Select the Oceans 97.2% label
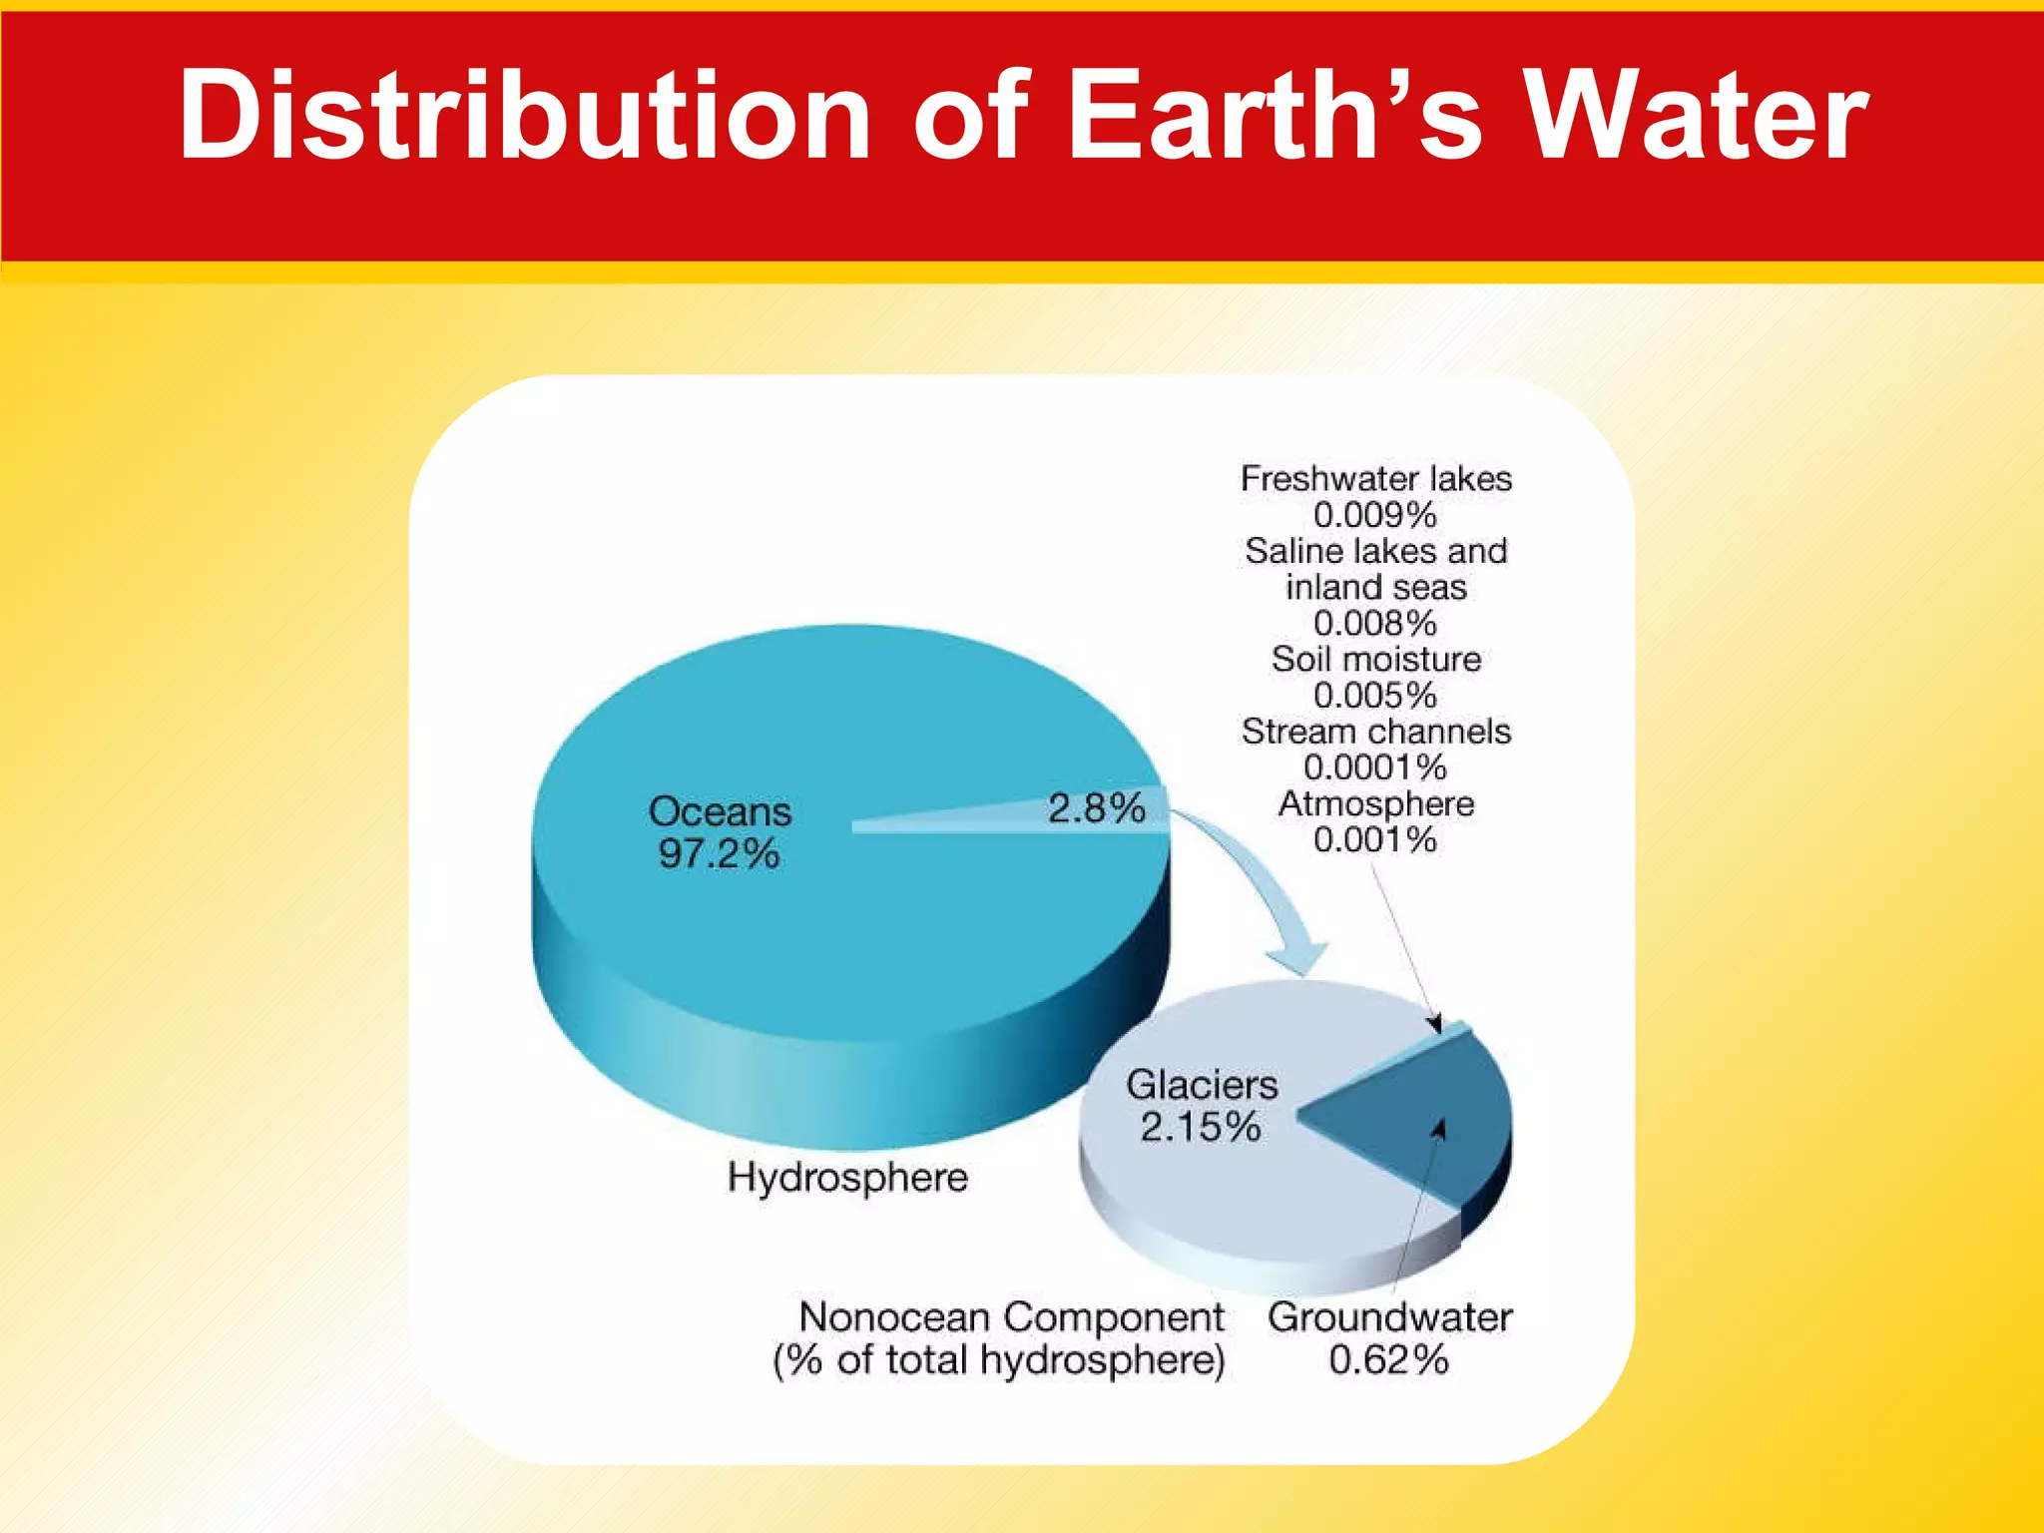[720, 832]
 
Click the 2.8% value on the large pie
[1096, 808]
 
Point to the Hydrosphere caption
[847, 1178]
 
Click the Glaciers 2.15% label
[1202, 1106]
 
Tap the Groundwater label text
[1390, 1317]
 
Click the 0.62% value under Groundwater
[1388, 1360]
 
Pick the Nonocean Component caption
[1010, 1317]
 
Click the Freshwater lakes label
[1376, 479]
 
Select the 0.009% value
[1375, 515]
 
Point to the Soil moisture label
[1376, 660]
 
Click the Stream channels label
[1376, 732]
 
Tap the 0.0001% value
[1375, 767]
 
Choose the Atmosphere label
[1376, 804]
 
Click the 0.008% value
[1375, 624]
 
